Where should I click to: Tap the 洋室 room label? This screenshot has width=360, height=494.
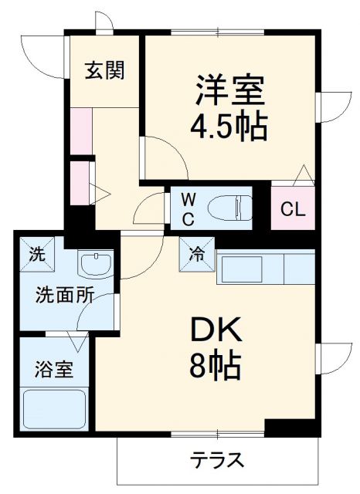click(229, 90)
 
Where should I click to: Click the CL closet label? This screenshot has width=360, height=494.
click(293, 208)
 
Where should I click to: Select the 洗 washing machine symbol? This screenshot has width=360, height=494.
click(36, 252)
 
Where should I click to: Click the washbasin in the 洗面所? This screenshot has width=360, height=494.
click(96, 266)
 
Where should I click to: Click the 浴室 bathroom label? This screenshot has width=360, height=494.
click(54, 369)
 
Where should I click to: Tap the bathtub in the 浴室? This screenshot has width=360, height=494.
click(54, 408)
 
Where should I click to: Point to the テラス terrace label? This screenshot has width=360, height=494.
click(218, 461)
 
